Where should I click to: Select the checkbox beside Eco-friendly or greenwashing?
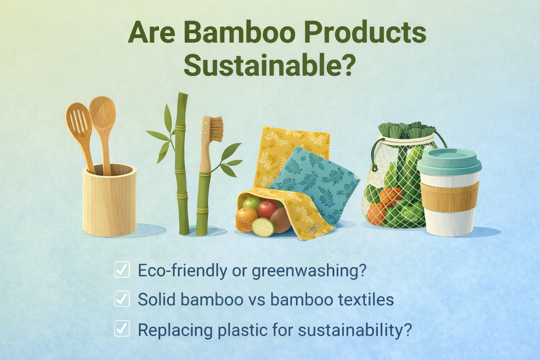point(122,270)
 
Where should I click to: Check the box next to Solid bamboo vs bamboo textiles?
point(122,300)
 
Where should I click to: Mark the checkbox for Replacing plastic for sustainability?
point(122,330)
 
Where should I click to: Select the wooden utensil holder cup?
point(108,201)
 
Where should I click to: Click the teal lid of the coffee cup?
point(449,161)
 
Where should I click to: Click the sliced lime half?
point(263,226)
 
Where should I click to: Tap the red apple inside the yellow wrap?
point(268,209)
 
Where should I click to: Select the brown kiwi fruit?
point(281,220)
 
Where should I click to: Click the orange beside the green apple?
point(246,218)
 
